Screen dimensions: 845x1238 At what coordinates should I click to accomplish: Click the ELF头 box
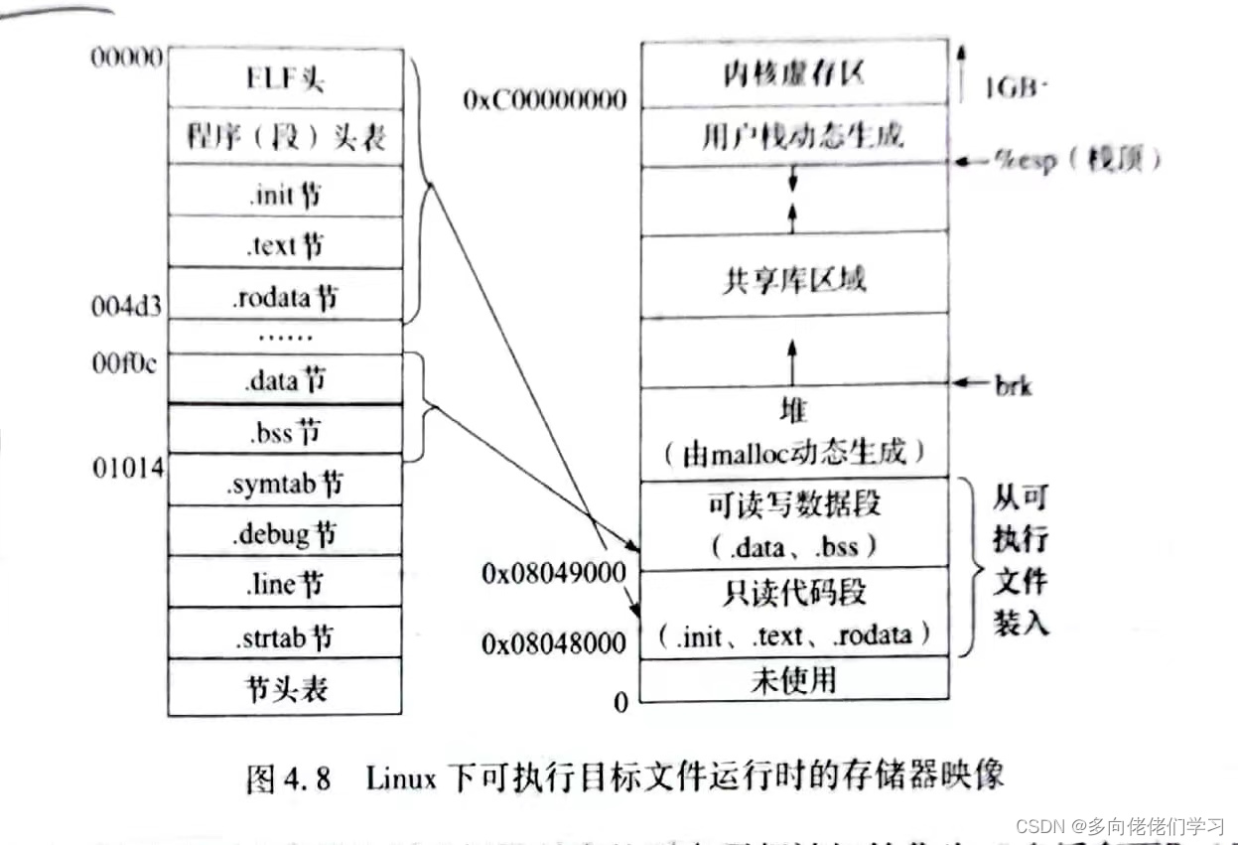coord(286,77)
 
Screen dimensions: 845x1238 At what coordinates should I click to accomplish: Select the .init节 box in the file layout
coord(286,193)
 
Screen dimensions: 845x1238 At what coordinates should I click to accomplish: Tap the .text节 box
coord(286,243)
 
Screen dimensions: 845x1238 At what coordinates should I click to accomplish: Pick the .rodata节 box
coord(286,295)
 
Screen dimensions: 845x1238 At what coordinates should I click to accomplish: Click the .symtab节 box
coord(286,482)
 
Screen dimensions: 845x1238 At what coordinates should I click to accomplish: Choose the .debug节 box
coord(286,532)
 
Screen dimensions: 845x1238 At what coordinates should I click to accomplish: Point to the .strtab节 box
coord(286,635)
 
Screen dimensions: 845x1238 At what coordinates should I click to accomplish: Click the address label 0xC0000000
coord(545,100)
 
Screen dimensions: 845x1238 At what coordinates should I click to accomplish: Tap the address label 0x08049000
coord(554,573)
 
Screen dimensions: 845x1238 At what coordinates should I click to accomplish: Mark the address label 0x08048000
coord(554,643)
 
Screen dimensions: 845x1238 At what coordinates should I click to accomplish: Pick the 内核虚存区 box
coord(794,73)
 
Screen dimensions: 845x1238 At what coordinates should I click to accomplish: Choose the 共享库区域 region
coord(794,277)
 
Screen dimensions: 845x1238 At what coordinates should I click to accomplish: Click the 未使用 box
coord(794,680)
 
